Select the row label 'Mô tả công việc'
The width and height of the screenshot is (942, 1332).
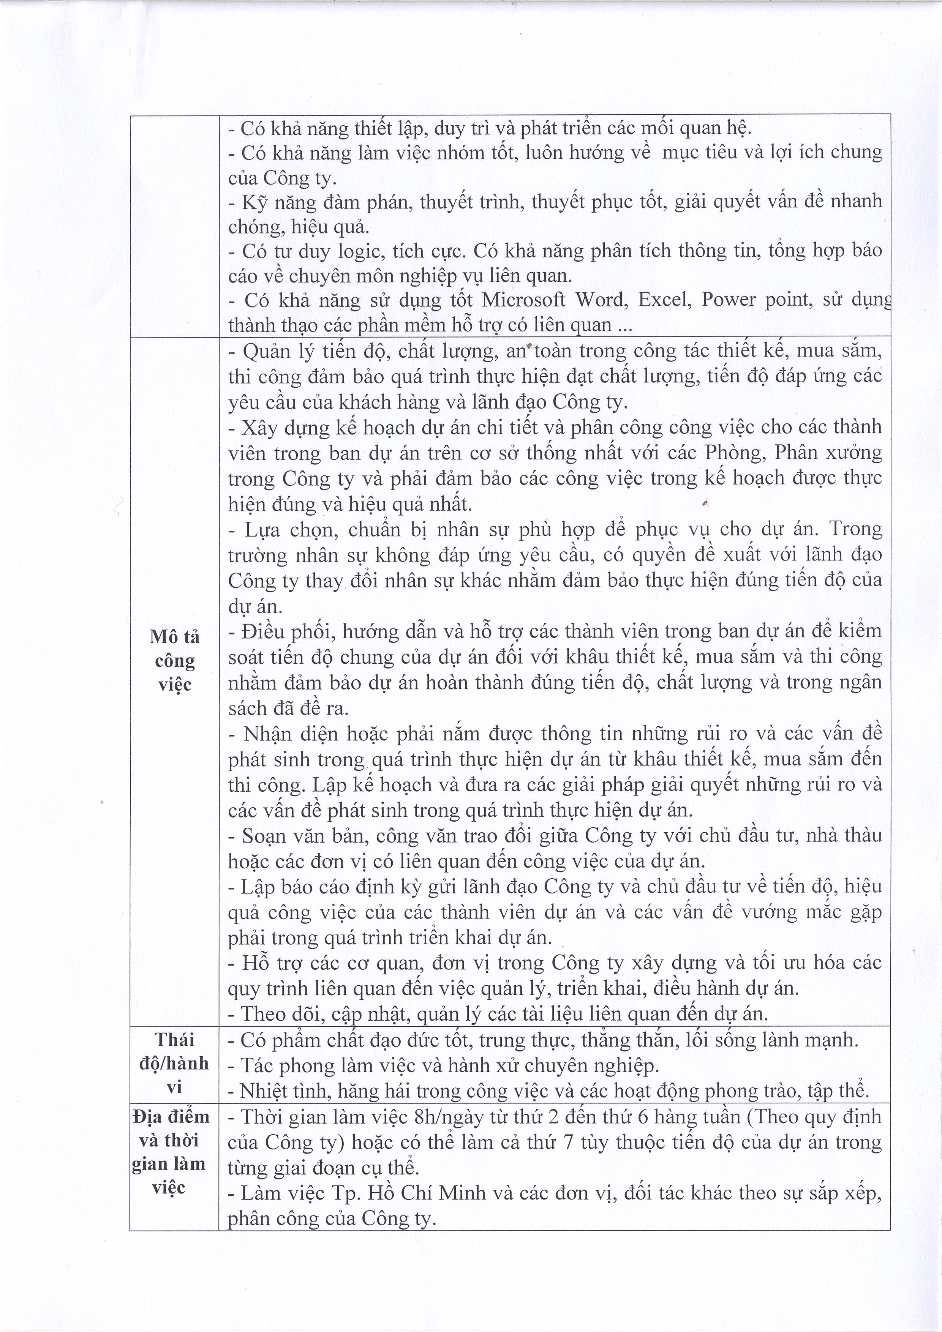[174, 660]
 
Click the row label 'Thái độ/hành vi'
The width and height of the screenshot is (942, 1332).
[174, 1064]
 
